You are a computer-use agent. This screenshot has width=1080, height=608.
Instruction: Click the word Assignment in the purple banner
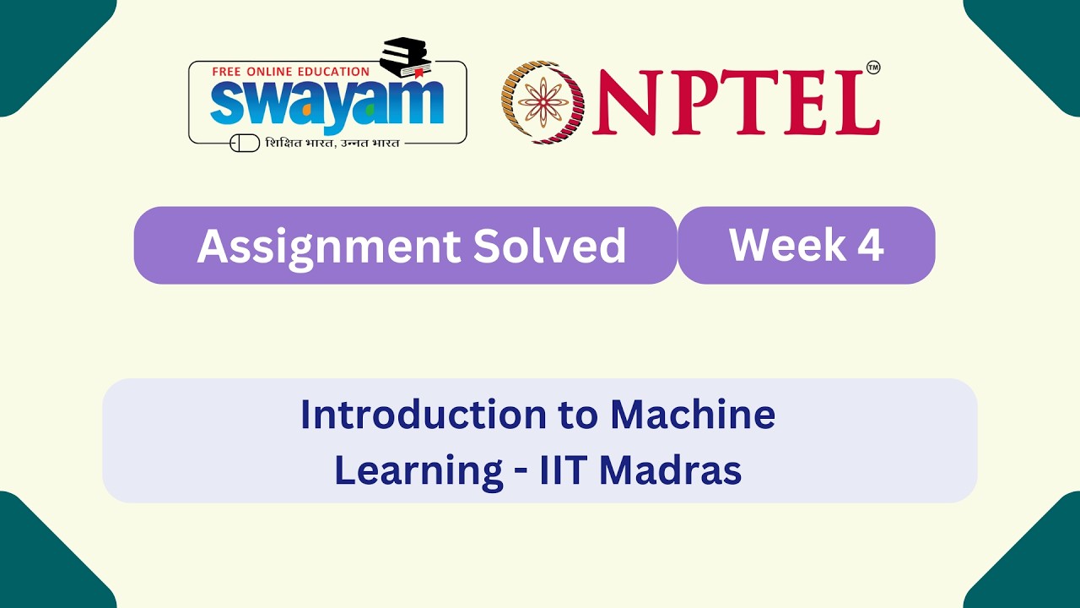(327, 247)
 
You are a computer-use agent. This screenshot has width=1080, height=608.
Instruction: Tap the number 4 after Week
(869, 245)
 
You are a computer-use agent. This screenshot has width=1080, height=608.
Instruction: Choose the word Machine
(693, 415)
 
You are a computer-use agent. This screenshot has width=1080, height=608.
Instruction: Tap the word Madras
(671, 470)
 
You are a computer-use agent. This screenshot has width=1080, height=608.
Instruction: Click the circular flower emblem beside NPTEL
(543, 102)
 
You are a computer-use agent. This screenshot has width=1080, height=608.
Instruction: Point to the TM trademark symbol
(873, 68)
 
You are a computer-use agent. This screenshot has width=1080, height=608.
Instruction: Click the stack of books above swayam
(406, 57)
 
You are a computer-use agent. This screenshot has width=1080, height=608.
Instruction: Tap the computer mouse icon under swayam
(245, 144)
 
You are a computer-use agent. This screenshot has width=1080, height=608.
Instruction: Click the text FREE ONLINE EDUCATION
(290, 72)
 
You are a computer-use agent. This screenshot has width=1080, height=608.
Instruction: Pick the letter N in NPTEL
(625, 104)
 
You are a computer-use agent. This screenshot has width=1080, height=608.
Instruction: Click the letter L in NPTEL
(851, 104)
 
